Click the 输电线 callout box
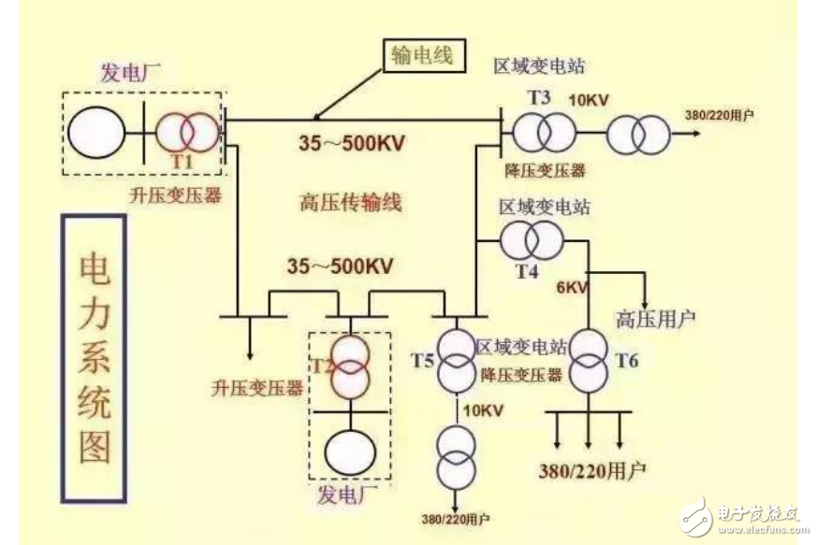[421, 55]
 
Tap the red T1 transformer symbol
[185, 134]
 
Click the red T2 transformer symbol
[347, 365]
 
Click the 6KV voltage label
[572, 288]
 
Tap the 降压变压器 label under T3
[547, 170]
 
